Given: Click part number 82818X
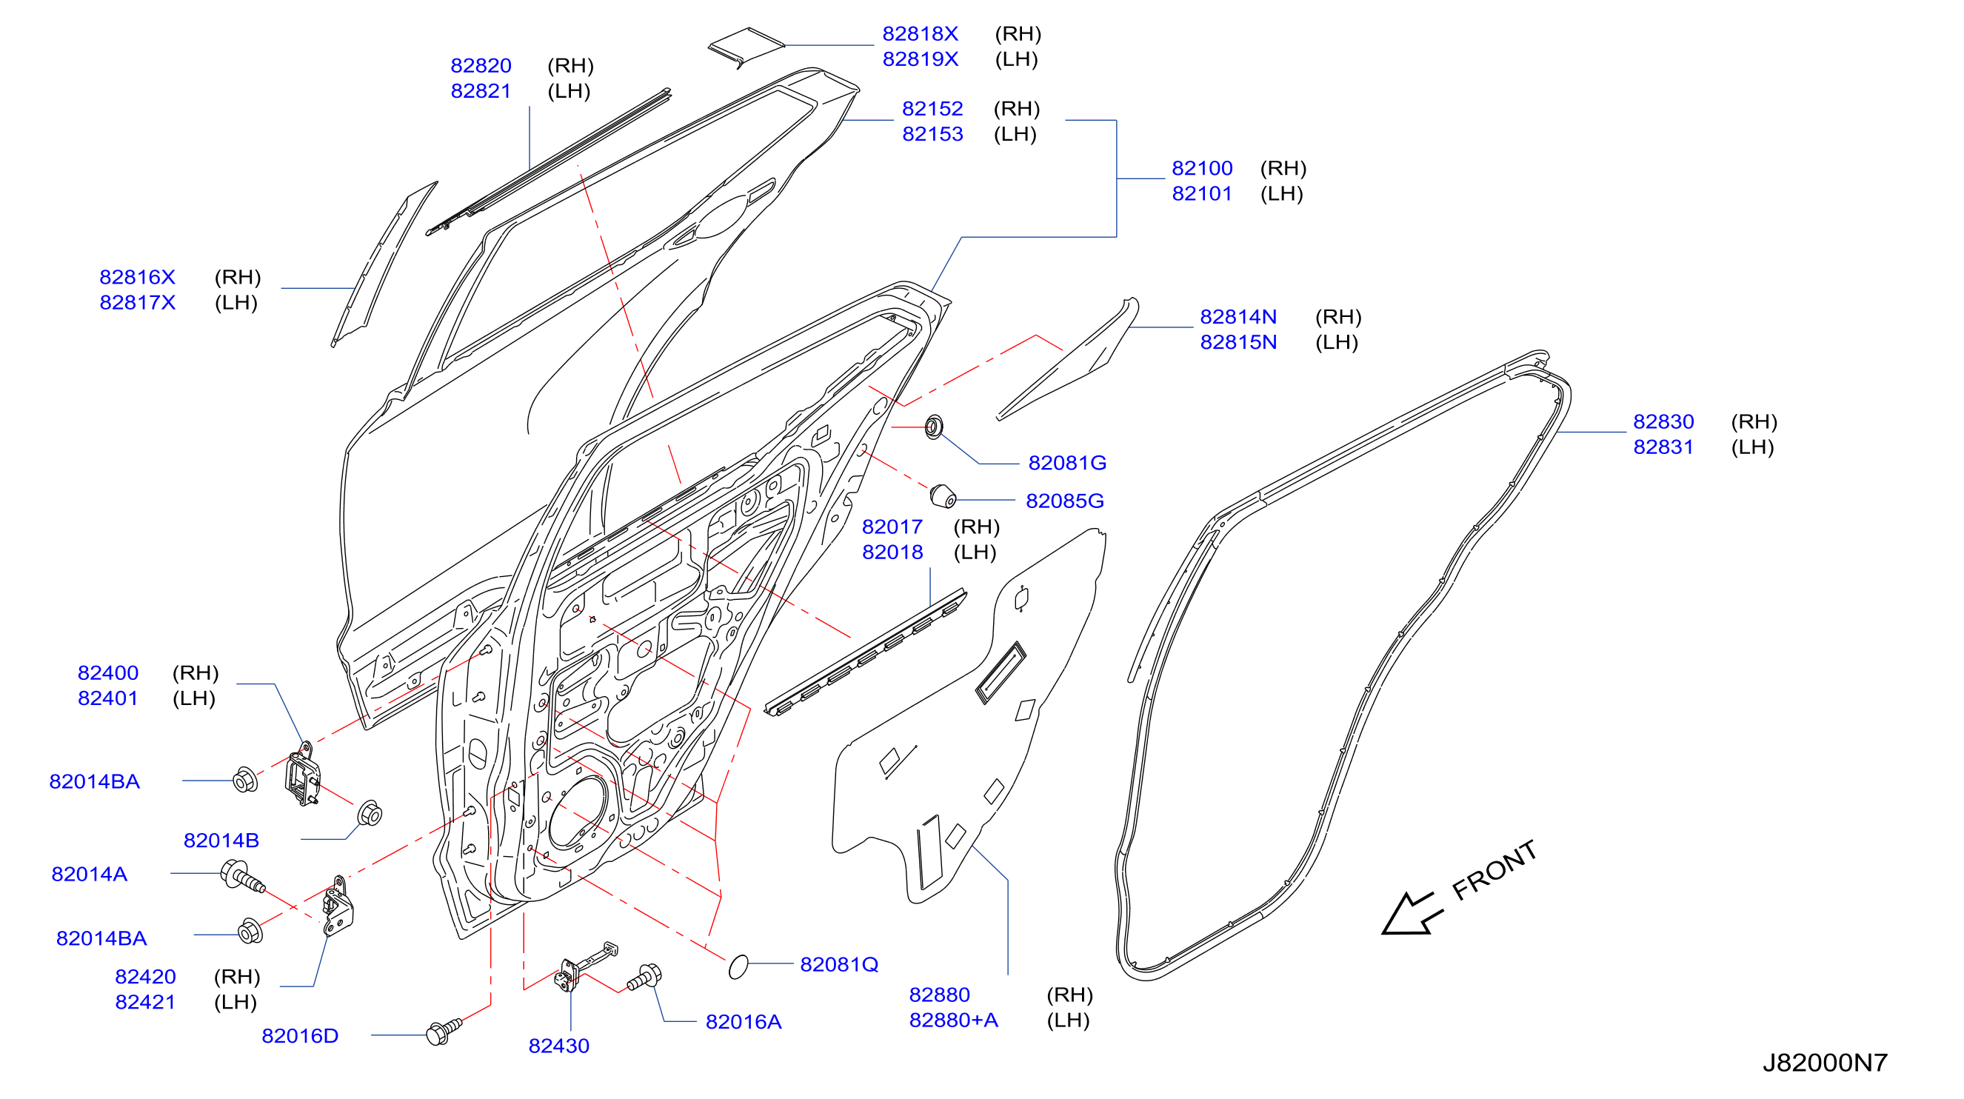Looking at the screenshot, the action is [x=920, y=33].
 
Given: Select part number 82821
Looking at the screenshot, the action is [x=481, y=91].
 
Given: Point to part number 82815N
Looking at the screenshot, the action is [x=1238, y=341].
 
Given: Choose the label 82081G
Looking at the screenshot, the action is [x=1066, y=462].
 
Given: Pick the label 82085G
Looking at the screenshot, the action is [x=1064, y=501].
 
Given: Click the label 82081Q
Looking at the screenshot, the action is [x=838, y=964].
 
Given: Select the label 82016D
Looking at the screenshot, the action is [x=300, y=1036].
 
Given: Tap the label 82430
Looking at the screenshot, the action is [x=559, y=1046].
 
